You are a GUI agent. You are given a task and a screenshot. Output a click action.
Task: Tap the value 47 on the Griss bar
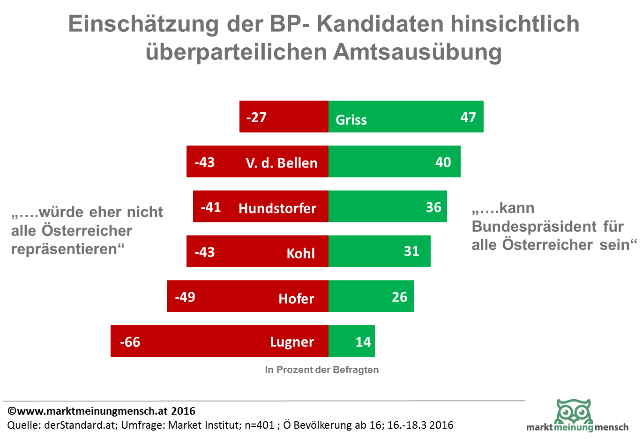point(468,117)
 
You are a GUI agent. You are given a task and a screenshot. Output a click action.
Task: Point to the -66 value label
point(130,342)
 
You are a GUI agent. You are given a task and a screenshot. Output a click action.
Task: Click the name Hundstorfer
point(277,208)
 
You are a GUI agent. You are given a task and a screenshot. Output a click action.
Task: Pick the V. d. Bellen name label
point(282,163)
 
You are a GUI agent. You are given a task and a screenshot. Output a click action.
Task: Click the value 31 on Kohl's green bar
point(411,251)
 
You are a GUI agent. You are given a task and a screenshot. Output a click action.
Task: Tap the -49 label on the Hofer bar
point(185,297)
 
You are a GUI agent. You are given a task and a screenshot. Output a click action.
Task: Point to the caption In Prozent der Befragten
point(321,370)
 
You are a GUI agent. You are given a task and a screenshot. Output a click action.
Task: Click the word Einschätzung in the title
point(143,24)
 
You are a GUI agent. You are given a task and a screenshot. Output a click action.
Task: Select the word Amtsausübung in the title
point(417,51)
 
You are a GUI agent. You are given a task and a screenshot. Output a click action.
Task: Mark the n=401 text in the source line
point(259,425)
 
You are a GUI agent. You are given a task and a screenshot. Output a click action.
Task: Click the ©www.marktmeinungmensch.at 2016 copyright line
point(101,411)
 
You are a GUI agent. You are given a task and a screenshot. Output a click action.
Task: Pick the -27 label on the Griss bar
point(256,117)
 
